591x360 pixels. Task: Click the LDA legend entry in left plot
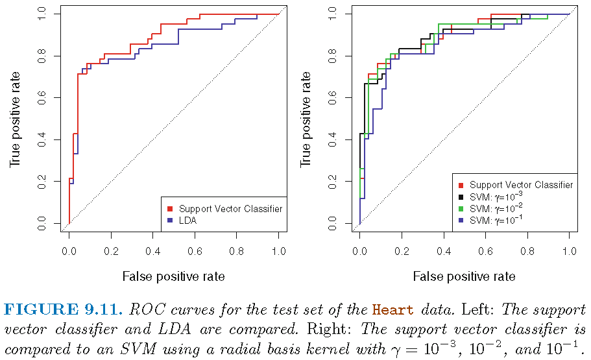click(x=187, y=221)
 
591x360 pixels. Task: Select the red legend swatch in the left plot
click(x=170, y=209)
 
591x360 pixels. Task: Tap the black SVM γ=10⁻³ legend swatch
click(x=461, y=197)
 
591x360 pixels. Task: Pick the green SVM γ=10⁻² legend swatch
click(x=461, y=209)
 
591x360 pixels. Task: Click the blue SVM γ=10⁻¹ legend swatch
click(x=461, y=221)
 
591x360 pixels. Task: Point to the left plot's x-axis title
click(x=173, y=276)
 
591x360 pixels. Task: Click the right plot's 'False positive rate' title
click(x=464, y=276)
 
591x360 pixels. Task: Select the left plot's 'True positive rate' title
click(x=14, y=119)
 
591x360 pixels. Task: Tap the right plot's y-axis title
click(x=305, y=119)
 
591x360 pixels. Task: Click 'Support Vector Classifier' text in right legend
click(x=521, y=185)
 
